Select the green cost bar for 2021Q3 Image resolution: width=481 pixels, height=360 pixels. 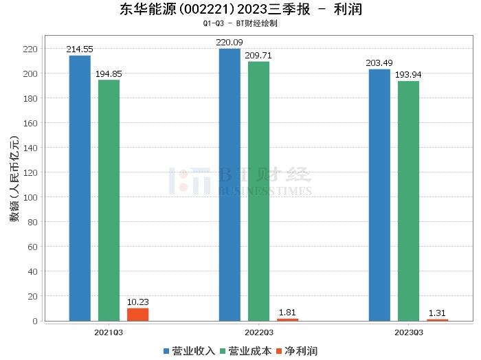point(109,200)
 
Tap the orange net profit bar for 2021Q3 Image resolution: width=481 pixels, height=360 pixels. point(137,314)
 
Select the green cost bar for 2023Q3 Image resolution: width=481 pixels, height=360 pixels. point(408,201)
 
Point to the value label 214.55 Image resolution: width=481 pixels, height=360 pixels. point(80,49)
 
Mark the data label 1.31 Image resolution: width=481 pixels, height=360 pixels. point(437,313)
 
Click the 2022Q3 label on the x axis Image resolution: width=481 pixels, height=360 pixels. point(258,332)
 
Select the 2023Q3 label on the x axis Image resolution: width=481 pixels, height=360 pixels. point(408,332)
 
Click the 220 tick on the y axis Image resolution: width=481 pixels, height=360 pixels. point(30,49)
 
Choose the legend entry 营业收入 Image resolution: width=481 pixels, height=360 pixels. point(189,351)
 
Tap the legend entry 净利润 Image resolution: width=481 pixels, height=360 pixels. point(297,351)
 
